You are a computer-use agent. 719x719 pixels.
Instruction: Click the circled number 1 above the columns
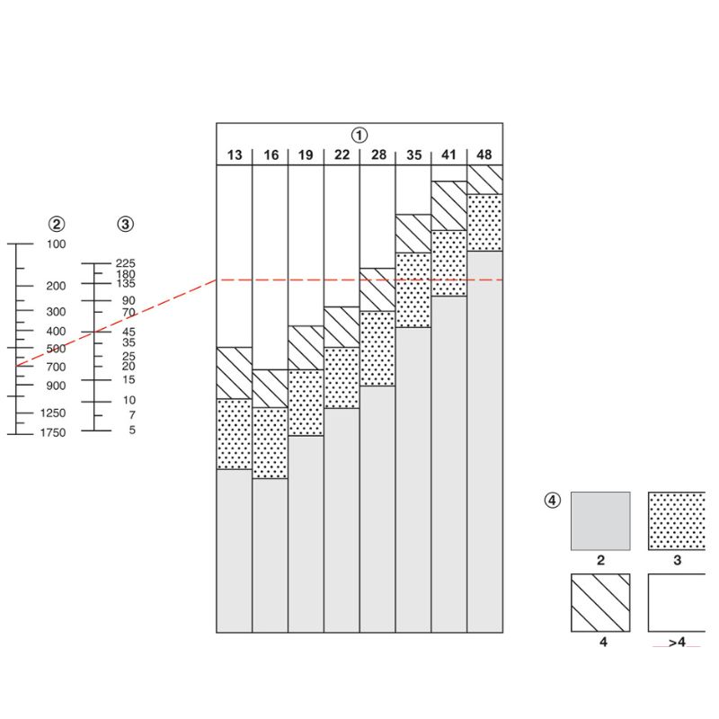tap(359, 136)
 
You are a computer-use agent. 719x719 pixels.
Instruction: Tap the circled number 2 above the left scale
tap(57, 224)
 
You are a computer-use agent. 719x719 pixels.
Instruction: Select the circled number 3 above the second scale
tap(125, 224)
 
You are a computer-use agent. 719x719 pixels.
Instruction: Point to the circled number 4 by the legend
tap(552, 500)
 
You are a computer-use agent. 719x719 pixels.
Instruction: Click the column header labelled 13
tap(235, 155)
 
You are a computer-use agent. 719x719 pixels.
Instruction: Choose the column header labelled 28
tap(378, 155)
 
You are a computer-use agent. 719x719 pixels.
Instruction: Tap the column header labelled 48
tap(484, 155)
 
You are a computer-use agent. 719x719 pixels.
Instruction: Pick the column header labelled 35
tap(413, 155)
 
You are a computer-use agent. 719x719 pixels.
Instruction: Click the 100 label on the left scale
tap(56, 244)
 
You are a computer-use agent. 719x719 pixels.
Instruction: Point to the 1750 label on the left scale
tap(53, 432)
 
